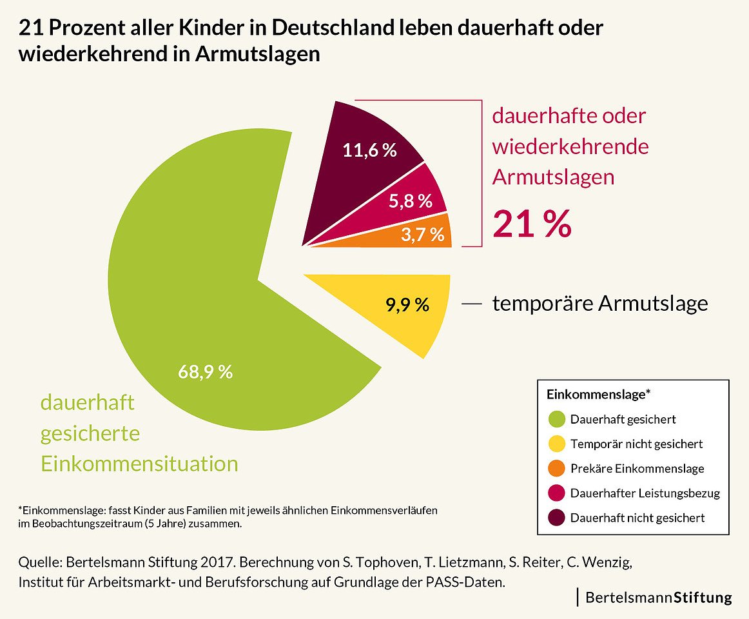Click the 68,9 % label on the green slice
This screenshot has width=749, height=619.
coord(205,372)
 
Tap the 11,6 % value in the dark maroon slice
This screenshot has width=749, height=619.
coord(369,151)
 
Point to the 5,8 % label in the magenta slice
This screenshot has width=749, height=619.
coord(410,201)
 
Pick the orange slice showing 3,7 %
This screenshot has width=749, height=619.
coord(422,235)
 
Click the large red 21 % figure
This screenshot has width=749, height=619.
coord(532,223)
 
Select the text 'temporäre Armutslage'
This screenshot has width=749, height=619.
coord(599,303)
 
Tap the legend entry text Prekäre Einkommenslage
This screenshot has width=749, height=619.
coord(637,469)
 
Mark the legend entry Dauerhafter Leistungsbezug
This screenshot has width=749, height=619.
coord(645,493)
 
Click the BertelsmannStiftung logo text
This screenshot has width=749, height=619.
coord(658,598)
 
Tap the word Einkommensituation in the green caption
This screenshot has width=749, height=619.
coord(139,464)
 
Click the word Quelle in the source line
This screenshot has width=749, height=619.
coord(39,562)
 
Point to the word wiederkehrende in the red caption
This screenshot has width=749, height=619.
coord(570,147)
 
